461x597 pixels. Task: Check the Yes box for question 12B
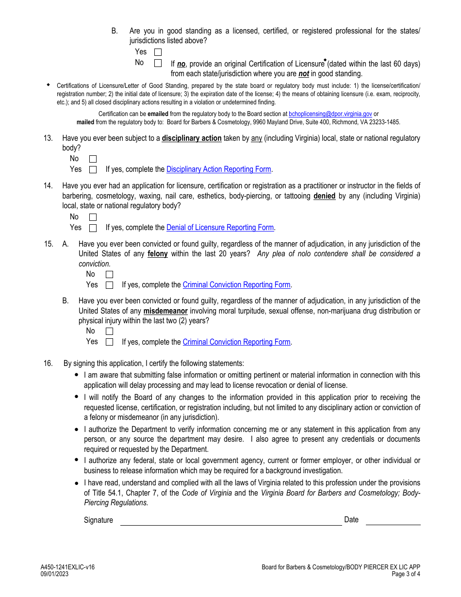pos(158,52)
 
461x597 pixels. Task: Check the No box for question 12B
pos(158,63)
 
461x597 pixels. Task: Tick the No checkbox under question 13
pos(93,159)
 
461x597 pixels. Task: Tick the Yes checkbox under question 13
pos(93,170)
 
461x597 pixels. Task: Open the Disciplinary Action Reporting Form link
pos(218,169)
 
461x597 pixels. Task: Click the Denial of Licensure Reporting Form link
pos(220,228)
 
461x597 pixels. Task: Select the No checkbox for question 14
pos(93,217)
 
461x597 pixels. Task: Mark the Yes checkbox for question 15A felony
pos(109,285)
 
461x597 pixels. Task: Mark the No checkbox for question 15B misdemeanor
pos(109,332)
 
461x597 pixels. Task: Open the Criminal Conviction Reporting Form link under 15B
pos(236,342)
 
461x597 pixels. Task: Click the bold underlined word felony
pos(158,254)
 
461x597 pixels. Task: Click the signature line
pos(231,520)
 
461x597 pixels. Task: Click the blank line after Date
pos(393,520)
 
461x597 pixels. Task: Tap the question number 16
pos(48,364)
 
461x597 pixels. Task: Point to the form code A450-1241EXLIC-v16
pos(67,567)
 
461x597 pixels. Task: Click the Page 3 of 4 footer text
pos(406,574)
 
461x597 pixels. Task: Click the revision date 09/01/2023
pos(55,574)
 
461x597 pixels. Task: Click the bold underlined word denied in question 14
pos(324,196)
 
